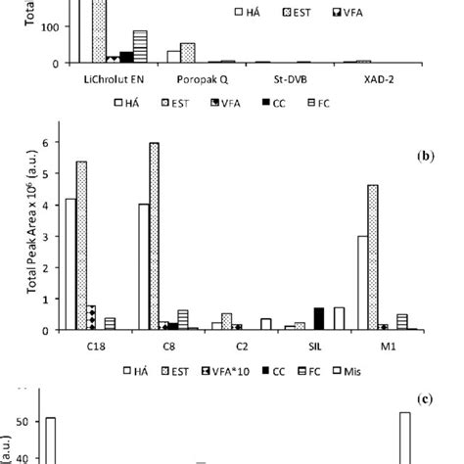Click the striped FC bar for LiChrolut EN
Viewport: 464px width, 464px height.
(x=140, y=47)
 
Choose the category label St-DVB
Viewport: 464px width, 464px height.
(x=277, y=78)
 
